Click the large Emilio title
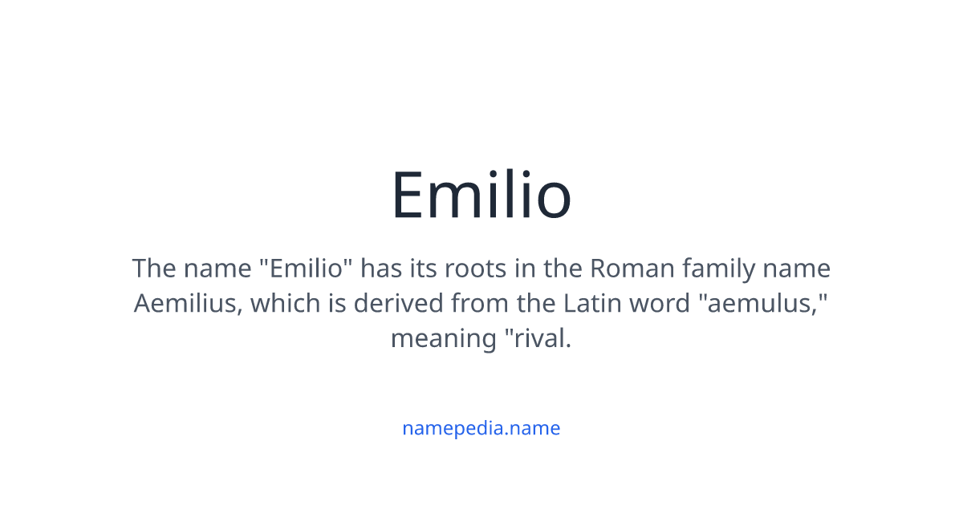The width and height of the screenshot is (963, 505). click(x=481, y=195)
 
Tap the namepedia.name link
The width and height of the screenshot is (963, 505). click(x=481, y=428)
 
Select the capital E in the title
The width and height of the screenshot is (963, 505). click(x=409, y=195)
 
